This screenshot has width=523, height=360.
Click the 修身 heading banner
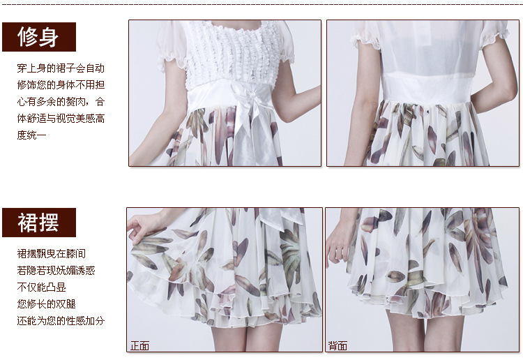(39, 37)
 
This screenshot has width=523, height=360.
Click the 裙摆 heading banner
(39, 223)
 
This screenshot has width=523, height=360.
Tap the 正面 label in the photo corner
(139, 345)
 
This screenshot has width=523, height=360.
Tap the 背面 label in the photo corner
(338, 345)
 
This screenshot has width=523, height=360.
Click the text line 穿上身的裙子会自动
(61, 68)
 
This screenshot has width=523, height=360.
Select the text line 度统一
(31, 135)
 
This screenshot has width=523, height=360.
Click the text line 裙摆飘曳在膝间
(52, 253)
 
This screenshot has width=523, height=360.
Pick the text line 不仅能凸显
(42, 287)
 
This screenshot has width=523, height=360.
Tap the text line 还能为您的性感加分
(61, 321)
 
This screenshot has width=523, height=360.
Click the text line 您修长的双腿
(46, 304)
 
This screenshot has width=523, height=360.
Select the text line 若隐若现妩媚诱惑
(56, 270)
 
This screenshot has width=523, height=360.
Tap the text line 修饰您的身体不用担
(61, 85)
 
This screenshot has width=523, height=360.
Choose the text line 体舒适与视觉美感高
(61, 119)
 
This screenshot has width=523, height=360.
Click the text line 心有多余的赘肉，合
(61, 102)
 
